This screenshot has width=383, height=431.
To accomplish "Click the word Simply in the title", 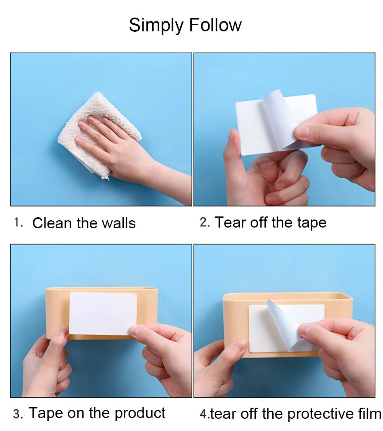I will (x=156, y=26).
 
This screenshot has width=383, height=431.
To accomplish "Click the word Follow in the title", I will (x=215, y=25).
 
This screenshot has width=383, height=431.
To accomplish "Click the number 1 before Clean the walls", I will (x=18, y=222).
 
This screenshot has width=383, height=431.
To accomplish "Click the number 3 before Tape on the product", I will (x=18, y=413).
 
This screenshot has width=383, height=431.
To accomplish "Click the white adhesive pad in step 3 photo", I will (x=101, y=312).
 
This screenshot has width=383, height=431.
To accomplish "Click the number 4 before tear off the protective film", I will (x=204, y=413).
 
